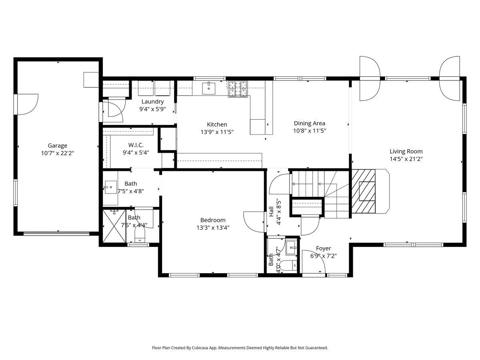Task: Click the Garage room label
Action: click(58, 146)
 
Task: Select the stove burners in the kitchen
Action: click(238, 89)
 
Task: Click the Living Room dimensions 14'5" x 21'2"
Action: click(406, 159)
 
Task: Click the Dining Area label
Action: click(309, 123)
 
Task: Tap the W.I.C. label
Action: click(136, 145)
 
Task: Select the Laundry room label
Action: click(152, 102)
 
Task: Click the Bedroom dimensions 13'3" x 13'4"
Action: click(212, 228)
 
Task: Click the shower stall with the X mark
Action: click(114, 226)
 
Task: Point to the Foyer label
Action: click(323, 248)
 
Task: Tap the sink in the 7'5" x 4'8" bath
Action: click(111, 187)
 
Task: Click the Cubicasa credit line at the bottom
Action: click(240, 348)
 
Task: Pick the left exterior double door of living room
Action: click(369, 78)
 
